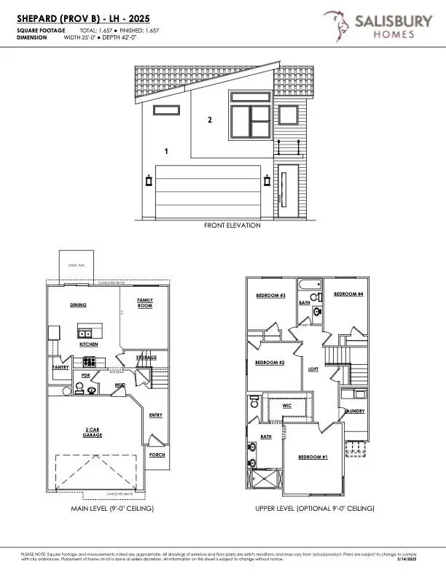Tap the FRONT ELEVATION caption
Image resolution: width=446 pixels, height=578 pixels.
pos(232,226)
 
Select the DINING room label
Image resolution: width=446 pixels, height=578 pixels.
pos(79,304)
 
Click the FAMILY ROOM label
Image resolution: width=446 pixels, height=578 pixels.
pos(144,303)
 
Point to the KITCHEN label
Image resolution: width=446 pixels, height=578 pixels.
pos(89,343)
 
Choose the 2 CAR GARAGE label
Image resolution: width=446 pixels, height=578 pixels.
pos(92,432)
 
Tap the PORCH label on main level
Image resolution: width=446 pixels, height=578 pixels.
pos(157,455)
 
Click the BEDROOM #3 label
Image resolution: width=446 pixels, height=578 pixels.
pos(270,296)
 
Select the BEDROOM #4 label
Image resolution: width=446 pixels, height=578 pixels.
pos(348,293)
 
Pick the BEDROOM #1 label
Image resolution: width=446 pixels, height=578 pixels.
pos(313,457)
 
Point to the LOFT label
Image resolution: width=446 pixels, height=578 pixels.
pos(313,369)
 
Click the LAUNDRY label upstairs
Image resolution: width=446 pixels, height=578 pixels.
pos(354,411)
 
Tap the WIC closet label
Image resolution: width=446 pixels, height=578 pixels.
pos(286,404)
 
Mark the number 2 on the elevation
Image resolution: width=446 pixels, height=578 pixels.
pos(209,120)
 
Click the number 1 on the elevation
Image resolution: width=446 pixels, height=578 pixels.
pos(166,151)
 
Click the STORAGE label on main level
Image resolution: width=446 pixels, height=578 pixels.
pos(146,357)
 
